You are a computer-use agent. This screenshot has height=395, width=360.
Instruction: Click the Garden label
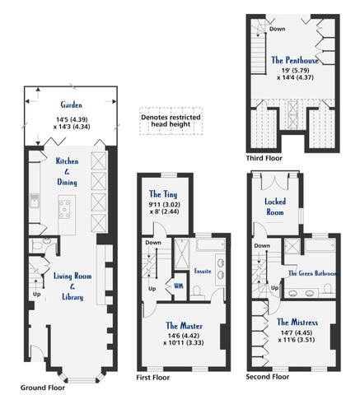tap(72, 105)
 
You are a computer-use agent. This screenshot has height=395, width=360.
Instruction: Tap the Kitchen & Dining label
tap(67, 171)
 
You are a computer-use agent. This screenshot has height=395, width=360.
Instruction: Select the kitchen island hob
tap(64, 210)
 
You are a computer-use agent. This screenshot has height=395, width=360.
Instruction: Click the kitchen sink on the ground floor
tap(35, 200)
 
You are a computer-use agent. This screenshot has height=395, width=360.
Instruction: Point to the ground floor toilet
tap(40, 245)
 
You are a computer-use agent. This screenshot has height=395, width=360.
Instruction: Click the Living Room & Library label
tap(72, 286)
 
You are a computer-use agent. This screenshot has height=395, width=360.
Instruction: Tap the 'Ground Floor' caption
tap(43, 388)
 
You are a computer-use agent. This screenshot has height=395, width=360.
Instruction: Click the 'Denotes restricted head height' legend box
tap(171, 121)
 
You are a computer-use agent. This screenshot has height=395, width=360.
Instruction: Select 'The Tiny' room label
tap(163, 194)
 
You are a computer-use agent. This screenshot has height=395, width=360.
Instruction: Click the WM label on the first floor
tap(179, 286)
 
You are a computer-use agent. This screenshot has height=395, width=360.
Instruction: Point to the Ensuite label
tap(203, 271)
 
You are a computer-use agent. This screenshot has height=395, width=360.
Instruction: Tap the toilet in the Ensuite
tap(197, 291)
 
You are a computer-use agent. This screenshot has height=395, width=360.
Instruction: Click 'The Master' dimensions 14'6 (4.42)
tap(184, 336)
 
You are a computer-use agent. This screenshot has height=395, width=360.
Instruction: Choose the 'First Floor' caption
tap(153, 378)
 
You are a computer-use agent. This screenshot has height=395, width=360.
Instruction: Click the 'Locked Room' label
tap(275, 207)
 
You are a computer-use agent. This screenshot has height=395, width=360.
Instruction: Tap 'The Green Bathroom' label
tap(313, 273)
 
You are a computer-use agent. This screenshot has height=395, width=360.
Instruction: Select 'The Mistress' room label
tap(297, 322)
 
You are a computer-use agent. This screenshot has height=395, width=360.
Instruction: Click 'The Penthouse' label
tap(295, 60)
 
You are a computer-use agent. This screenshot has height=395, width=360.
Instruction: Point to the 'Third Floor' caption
tap(264, 158)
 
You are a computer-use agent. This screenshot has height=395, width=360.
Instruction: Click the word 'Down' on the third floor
tap(277, 29)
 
